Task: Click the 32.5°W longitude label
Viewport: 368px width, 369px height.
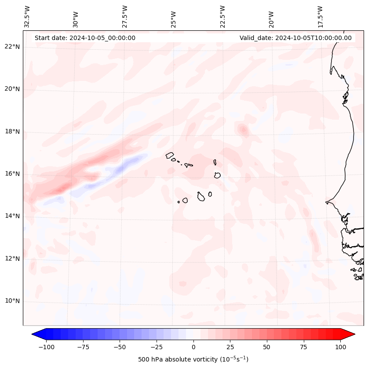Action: (x=27, y=17)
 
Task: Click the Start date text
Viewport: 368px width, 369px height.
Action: (x=85, y=38)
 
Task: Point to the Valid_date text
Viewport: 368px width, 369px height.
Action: (x=295, y=38)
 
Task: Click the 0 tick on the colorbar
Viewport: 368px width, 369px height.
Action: (x=193, y=347)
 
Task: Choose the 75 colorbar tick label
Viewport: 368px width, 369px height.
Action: (x=304, y=347)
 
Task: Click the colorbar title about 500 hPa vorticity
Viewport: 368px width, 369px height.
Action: (x=193, y=359)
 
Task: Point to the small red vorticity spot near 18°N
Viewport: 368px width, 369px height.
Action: (x=243, y=129)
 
